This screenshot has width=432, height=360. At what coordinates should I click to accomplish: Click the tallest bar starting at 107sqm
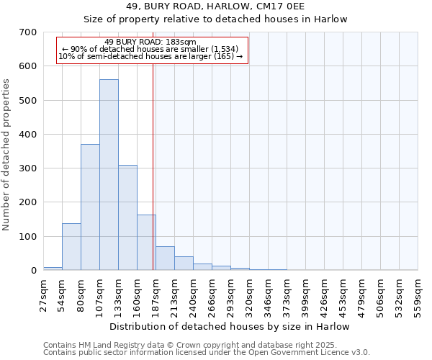[109, 175]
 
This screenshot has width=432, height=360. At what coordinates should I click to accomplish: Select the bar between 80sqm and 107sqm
[90, 207]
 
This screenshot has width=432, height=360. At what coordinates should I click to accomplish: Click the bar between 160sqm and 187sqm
[146, 243]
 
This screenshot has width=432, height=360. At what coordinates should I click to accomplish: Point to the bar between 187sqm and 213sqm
[165, 258]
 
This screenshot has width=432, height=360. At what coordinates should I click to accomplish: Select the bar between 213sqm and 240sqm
[184, 264]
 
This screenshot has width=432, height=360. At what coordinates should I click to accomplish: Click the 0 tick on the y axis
[33, 271]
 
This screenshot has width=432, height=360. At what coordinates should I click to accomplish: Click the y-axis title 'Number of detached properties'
[7, 155]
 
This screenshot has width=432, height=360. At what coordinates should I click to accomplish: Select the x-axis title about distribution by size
[230, 326]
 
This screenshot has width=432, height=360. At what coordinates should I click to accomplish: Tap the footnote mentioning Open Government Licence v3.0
[207, 353]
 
